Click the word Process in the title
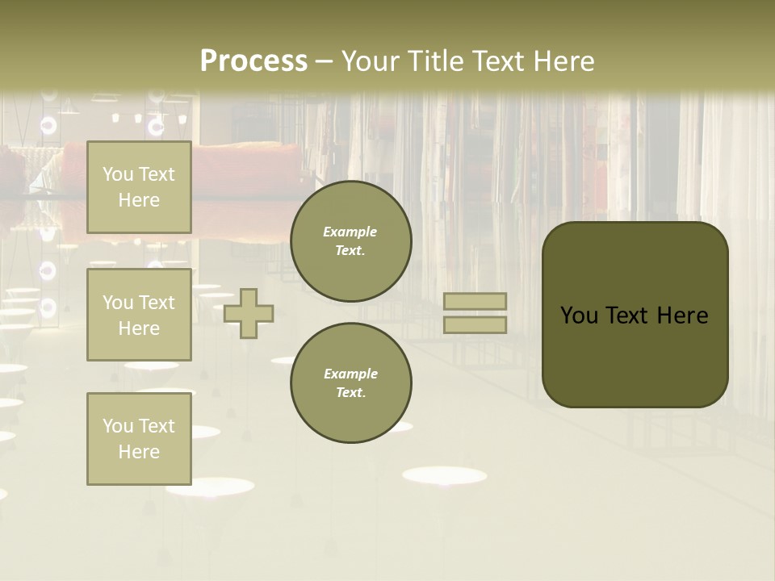(253, 61)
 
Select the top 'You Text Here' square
(139, 187)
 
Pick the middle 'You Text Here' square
(139, 315)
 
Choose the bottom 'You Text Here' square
(139, 438)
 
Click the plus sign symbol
(249, 313)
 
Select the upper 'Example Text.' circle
(351, 241)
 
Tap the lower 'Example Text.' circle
(351, 383)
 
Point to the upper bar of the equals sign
(475, 302)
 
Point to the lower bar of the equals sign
(475, 324)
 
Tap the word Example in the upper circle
(350, 232)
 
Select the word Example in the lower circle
(350, 374)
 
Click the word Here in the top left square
(139, 200)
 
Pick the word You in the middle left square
(118, 303)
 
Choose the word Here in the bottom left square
(139, 452)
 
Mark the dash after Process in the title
(325, 61)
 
